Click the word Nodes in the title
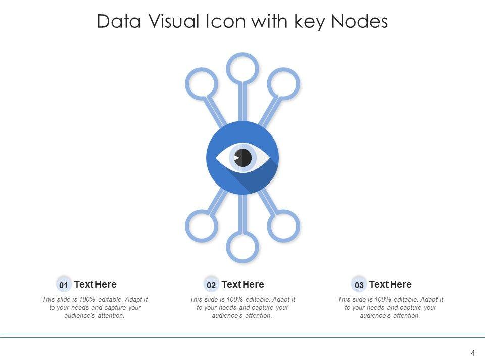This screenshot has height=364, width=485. (x=360, y=22)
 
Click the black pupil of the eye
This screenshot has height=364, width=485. (x=244, y=157)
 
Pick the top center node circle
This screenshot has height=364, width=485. (x=243, y=68)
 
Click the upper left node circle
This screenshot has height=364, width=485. (x=202, y=82)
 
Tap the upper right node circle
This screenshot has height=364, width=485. (x=283, y=82)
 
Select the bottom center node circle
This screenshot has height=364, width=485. (x=243, y=247)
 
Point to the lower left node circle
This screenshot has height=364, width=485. (x=202, y=225)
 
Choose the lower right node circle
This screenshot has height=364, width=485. (x=283, y=225)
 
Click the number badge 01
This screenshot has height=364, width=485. (x=64, y=285)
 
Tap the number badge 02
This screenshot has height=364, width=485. (x=211, y=285)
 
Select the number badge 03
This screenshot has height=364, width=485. (x=359, y=285)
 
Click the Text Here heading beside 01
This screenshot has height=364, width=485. (x=95, y=284)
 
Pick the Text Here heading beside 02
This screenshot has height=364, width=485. (x=243, y=284)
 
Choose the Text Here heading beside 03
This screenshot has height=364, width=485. (x=390, y=284)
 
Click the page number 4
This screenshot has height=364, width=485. (x=473, y=353)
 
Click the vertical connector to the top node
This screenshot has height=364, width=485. (x=243, y=101)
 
